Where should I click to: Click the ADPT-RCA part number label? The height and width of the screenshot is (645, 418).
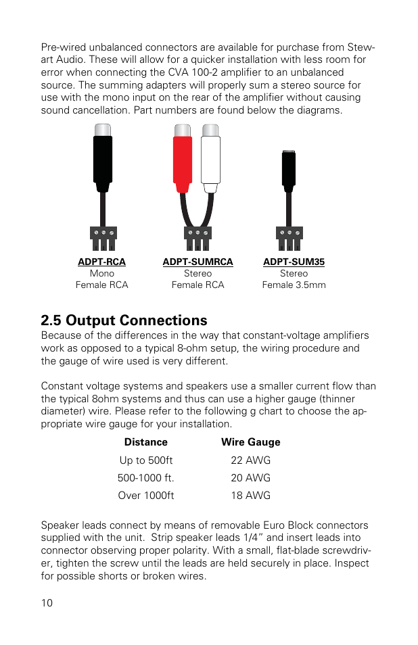[x=101, y=262]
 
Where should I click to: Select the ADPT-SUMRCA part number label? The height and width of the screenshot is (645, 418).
[x=198, y=262]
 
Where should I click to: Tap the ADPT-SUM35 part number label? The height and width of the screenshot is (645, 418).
[x=294, y=262]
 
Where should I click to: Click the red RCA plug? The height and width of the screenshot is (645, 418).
[x=183, y=162]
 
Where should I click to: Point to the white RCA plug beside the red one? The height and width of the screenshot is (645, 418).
[x=211, y=162]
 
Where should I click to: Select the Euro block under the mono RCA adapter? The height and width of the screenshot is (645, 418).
[x=103, y=233]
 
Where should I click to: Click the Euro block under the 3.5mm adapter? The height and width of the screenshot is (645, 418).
[x=289, y=233]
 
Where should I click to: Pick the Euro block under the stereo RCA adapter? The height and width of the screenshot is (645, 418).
[x=198, y=233]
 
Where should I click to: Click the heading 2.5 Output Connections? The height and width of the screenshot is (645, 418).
[x=124, y=320]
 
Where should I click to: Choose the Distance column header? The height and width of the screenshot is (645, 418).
[x=145, y=442]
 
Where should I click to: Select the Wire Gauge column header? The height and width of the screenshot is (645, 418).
[x=250, y=442]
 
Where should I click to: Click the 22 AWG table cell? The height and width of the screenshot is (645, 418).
[x=250, y=460]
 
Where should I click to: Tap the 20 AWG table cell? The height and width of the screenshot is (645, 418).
[x=250, y=478]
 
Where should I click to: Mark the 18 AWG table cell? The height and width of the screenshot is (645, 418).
[x=250, y=496]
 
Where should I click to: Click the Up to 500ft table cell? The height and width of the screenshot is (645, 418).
[x=146, y=460]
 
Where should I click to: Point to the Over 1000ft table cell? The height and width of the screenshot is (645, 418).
[x=146, y=496]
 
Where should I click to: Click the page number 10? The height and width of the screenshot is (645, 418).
[x=47, y=603]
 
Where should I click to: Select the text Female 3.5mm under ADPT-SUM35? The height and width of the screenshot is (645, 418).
[x=294, y=285]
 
